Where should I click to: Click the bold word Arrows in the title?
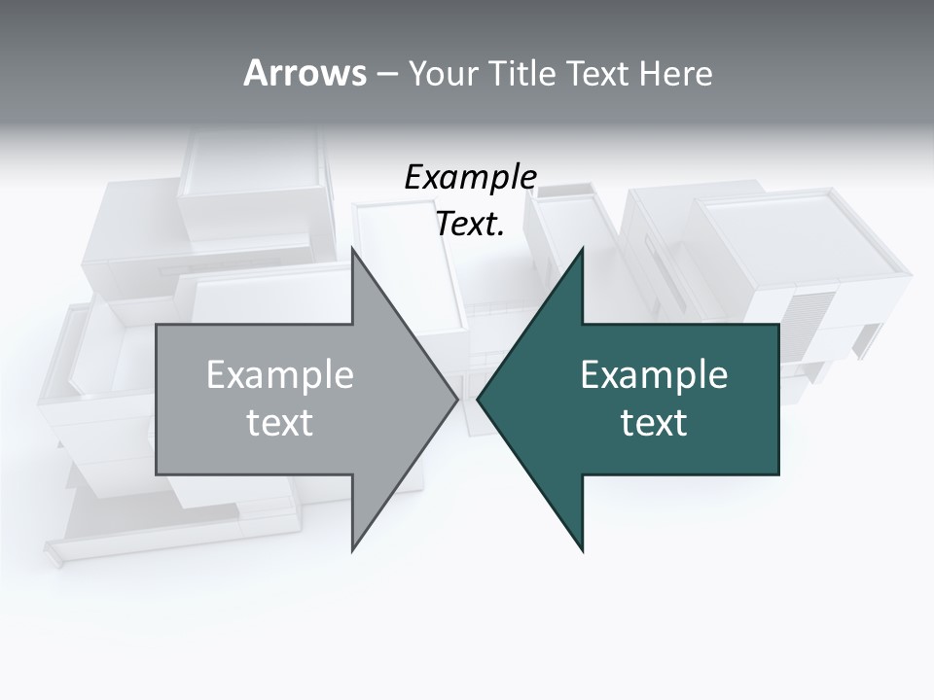(x=304, y=73)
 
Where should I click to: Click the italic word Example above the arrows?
(x=470, y=178)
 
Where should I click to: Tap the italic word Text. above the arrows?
(x=470, y=225)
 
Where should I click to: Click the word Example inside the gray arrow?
(x=280, y=375)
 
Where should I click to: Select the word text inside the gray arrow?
(x=280, y=422)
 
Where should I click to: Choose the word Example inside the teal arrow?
(x=654, y=375)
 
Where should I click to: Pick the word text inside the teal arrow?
(x=654, y=422)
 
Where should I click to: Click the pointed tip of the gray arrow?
(x=457, y=399)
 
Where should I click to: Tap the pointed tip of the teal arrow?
(x=478, y=399)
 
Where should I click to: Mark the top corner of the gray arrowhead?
(x=352, y=248)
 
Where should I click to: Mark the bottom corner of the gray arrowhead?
(x=352, y=550)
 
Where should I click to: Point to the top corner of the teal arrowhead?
(x=583, y=248)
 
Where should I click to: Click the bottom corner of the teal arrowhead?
(x=583, y=550)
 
